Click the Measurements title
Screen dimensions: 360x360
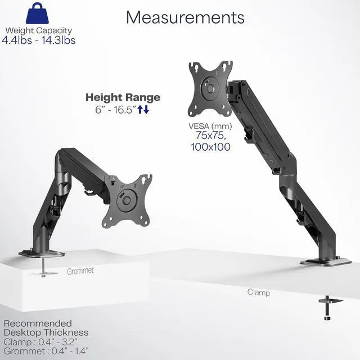pos(185,17)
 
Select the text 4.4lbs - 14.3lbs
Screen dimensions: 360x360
pos(38,40)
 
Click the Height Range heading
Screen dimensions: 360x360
pos(123,97)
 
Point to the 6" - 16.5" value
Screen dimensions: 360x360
pos(115,110)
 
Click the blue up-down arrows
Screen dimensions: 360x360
pos(143,110)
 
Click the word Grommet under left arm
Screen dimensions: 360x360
pos(80,271)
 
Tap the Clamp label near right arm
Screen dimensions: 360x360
pos(258,292)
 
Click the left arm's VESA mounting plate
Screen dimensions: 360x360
pos(127,201)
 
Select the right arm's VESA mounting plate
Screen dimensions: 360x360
pos(210,88)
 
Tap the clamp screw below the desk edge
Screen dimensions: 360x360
pos(327,308)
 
